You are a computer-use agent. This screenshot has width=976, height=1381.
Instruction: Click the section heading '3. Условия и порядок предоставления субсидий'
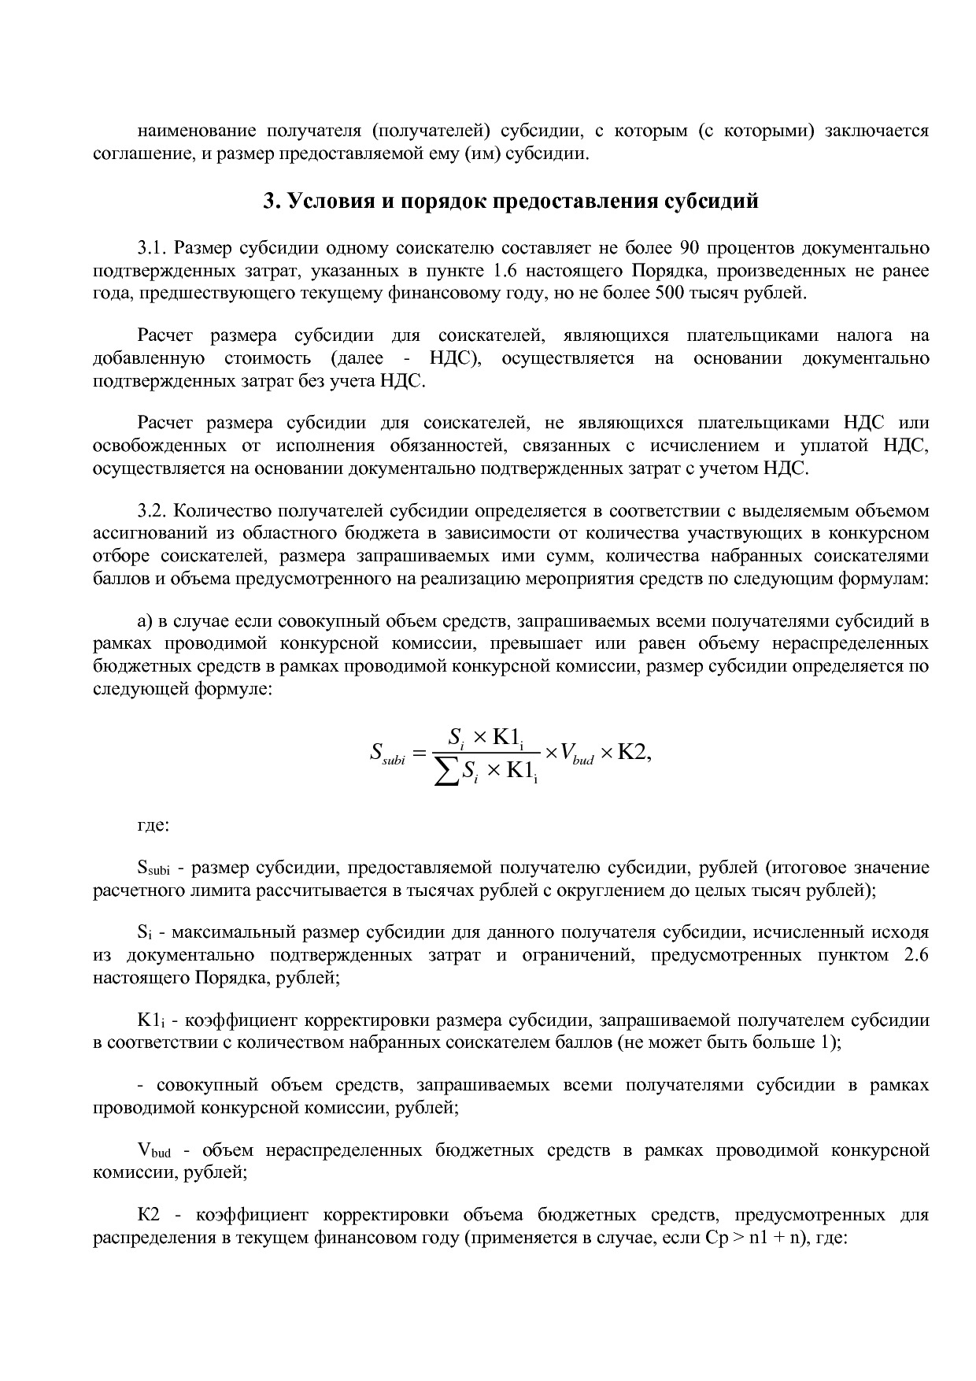coord(510,201)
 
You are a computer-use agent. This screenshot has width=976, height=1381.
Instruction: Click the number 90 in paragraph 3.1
coord(686,248)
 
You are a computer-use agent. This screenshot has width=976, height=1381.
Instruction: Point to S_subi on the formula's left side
coord(386,753)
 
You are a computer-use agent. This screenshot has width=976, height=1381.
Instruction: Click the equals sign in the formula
coord(419,753)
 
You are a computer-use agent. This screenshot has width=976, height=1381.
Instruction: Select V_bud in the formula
coord(576,753)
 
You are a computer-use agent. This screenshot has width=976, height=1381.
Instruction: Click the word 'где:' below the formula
coord(153,826)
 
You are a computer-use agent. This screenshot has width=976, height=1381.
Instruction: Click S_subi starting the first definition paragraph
coord(153,868)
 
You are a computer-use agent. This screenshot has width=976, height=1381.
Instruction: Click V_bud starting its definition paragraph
coord(153,1150)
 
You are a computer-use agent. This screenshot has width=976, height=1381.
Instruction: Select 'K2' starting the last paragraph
coord(149,1214)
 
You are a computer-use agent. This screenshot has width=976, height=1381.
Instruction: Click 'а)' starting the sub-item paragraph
coord(145,620)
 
